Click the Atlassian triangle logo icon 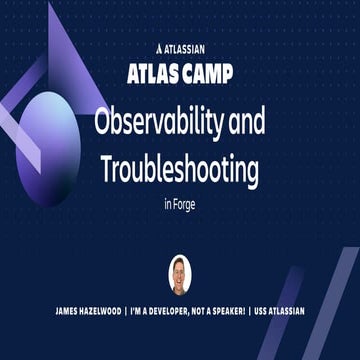point(159,46)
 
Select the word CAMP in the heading point(207,71)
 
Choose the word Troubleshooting point(180,169)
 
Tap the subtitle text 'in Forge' point(180,207)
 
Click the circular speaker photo point(179,273)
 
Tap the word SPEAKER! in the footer point(241,311)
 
